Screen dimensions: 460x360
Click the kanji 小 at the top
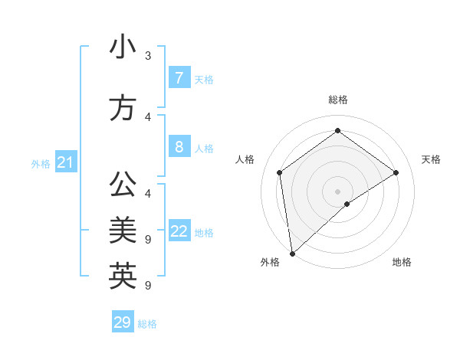click(x=123, y=47)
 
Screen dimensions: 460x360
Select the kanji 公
click(x=123, y=185)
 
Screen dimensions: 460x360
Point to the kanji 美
click(x=123, y=229)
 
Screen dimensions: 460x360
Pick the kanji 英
click(x=123, y=276)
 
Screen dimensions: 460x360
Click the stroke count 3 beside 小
click(x=148, y=56)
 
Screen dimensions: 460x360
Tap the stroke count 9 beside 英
click(x=148, y=286)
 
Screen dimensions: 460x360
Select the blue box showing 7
click(x=179, y=78)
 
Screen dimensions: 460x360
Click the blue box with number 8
click(x=179, y=147)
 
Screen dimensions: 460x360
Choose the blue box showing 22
click(x=179, y=231)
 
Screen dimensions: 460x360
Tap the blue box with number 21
click(x=65, y=162)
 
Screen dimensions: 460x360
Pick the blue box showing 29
click(x=122, y=322)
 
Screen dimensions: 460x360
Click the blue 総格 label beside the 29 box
click(x=147, y=324)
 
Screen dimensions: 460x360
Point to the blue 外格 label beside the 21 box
click(x=40, y=164)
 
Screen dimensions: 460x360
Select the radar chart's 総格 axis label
click(x=337, y=100)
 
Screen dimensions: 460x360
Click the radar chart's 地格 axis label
click(x=402, y=262)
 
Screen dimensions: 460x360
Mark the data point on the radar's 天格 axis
click(x=396, y=172)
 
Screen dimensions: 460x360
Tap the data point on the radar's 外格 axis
click(x=292, y=253)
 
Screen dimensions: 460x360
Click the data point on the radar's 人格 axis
click(x=280, y=172)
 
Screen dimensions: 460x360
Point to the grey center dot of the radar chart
click(x=337, y=191)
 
